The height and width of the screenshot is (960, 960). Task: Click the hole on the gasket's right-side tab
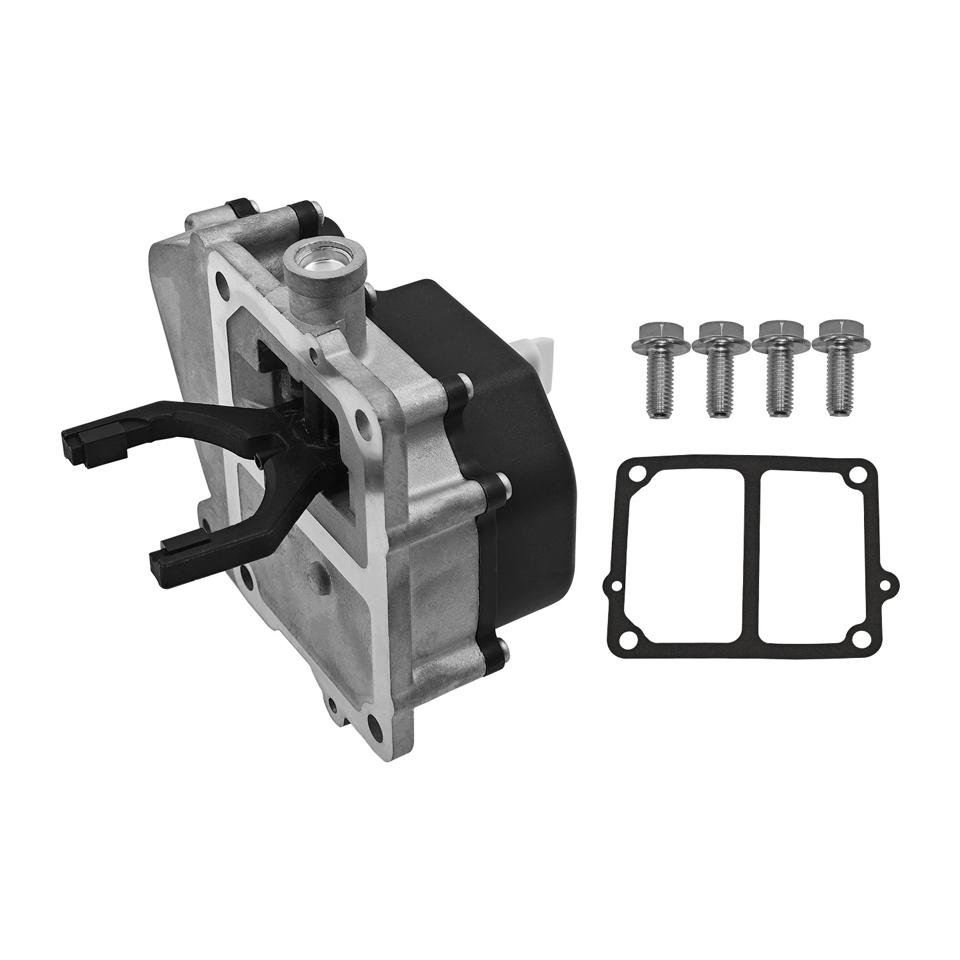point(886,584)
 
